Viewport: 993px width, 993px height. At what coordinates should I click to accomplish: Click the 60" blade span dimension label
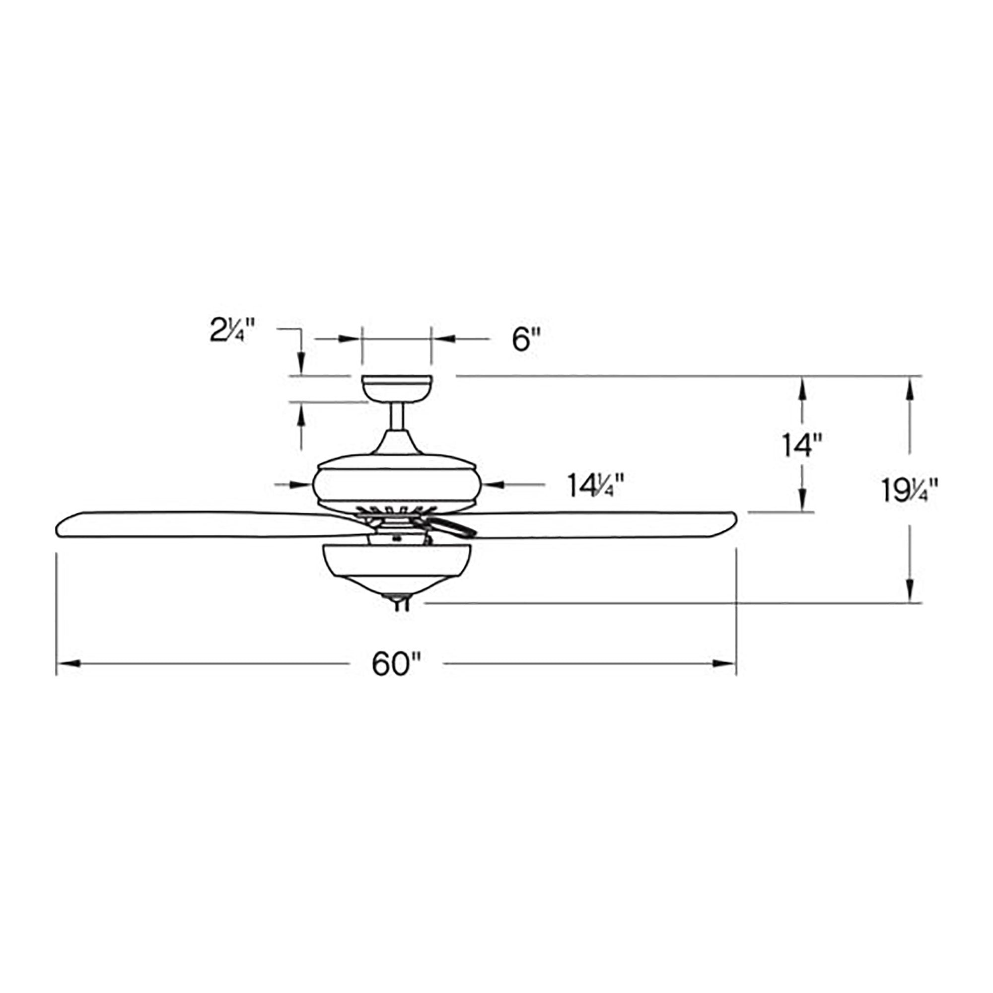pyautogui.click(x=396, y=664)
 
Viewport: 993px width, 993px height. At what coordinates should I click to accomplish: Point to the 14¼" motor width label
pyautogui.click(x=596, y=485)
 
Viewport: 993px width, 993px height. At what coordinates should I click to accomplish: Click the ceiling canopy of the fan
pyautogui.click(x=397, y=389)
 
